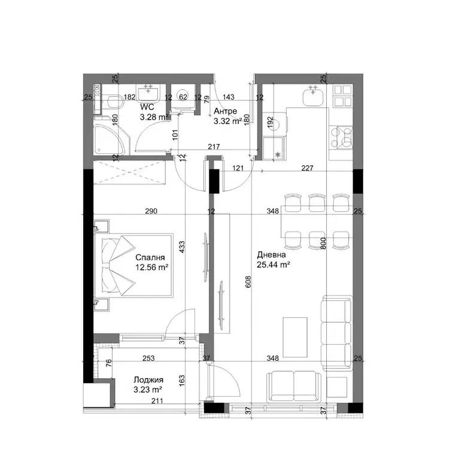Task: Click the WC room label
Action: click(x=147, y=107)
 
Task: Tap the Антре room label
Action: click(x=226, y=111)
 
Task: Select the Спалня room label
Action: click(x=150, y=257)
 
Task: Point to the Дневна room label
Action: click(x=271, y=255)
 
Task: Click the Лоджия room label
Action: click(x=148, y=380)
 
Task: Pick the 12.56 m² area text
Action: click(x=152, y=267)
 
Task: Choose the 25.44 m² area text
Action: click(x=273, y=264)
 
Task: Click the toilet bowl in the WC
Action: click(x=116, y=102)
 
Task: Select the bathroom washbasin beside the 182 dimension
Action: click(x=148, y=92)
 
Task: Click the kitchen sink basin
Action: click(x=313, y=97)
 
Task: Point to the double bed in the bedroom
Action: click(x=133, y=265)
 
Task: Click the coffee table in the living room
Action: click(x=295, y=338)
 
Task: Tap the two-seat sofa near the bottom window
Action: click(x=294, y=387)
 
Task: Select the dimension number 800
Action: click(x=323, y=243)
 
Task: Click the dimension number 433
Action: click(x=182, y=247)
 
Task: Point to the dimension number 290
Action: click(x=151, y=211)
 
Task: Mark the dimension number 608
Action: click(x=248, y=282)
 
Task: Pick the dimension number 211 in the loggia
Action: click(x=157, y=401)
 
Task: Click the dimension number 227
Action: click(x=307, y=168)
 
